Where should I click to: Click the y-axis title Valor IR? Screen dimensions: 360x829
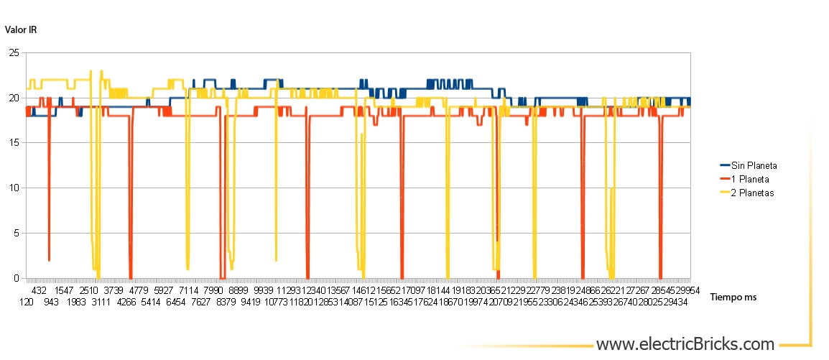21,29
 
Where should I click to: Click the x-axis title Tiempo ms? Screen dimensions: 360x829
733,297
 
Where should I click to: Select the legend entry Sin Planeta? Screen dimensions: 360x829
754,165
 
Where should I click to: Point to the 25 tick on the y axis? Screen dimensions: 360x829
14,53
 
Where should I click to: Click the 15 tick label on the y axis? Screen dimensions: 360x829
14,143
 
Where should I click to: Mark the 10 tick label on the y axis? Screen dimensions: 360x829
14,188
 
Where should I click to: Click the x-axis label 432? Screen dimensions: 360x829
40,291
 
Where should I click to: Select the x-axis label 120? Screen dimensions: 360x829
27,303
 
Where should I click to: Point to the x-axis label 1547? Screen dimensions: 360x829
65,291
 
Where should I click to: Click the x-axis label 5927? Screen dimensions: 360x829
164,291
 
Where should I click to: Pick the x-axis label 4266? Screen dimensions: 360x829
126,303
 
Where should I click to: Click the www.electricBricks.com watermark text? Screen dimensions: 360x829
685,344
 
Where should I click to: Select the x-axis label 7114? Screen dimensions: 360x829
189,291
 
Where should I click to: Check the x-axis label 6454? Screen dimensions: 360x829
176,303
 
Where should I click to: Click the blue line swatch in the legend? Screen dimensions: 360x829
725,165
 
